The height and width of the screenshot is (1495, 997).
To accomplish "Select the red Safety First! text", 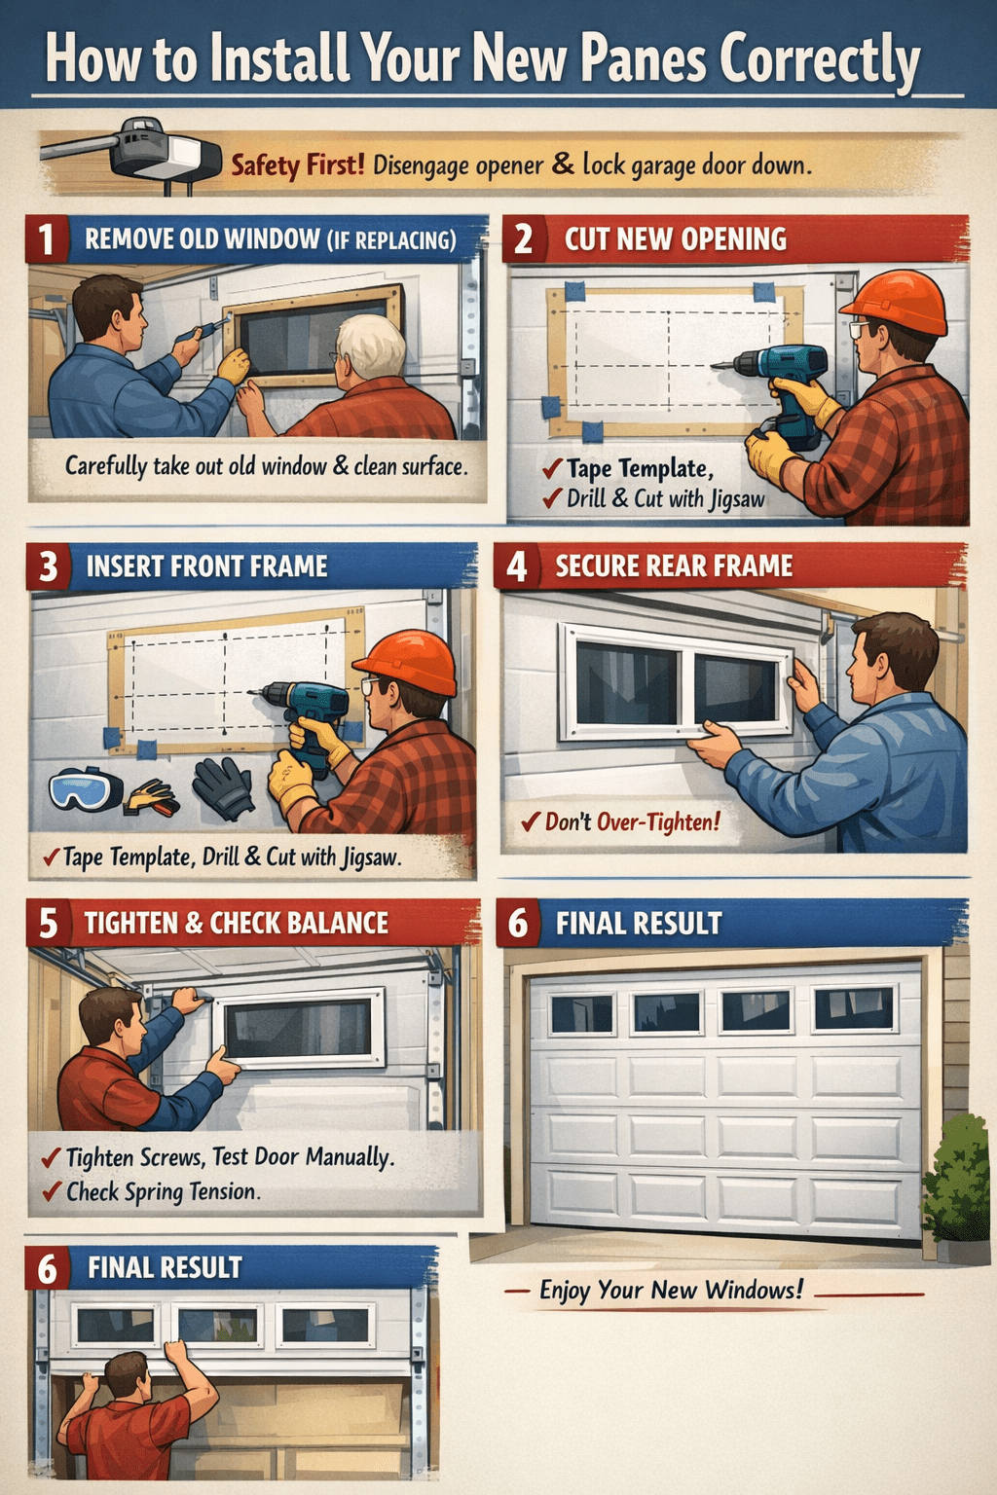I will (x=297, y=164).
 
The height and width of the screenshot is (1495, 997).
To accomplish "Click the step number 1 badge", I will (x=47, y=239).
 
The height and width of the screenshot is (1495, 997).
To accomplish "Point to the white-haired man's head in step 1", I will (x=370, y=346).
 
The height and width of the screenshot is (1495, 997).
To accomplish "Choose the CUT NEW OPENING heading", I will (x=675, y=239).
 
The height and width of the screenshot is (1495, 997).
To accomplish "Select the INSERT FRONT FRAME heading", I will (x=206, y=566).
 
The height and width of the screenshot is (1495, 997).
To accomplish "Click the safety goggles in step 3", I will (x=85, y=788).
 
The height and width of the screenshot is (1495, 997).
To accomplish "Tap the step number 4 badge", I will (x=517, y=566).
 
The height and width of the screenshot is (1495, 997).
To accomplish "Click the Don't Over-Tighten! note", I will (x=631, y=822).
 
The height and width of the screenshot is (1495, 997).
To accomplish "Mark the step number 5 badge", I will (x=48, y=923).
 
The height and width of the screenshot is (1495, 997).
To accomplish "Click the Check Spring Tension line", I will (x=162, y=1191).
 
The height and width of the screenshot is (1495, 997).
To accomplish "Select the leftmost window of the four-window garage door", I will (x=582, y=1013).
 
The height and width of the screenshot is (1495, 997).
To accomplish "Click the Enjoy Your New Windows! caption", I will (x=671, y=1291).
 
